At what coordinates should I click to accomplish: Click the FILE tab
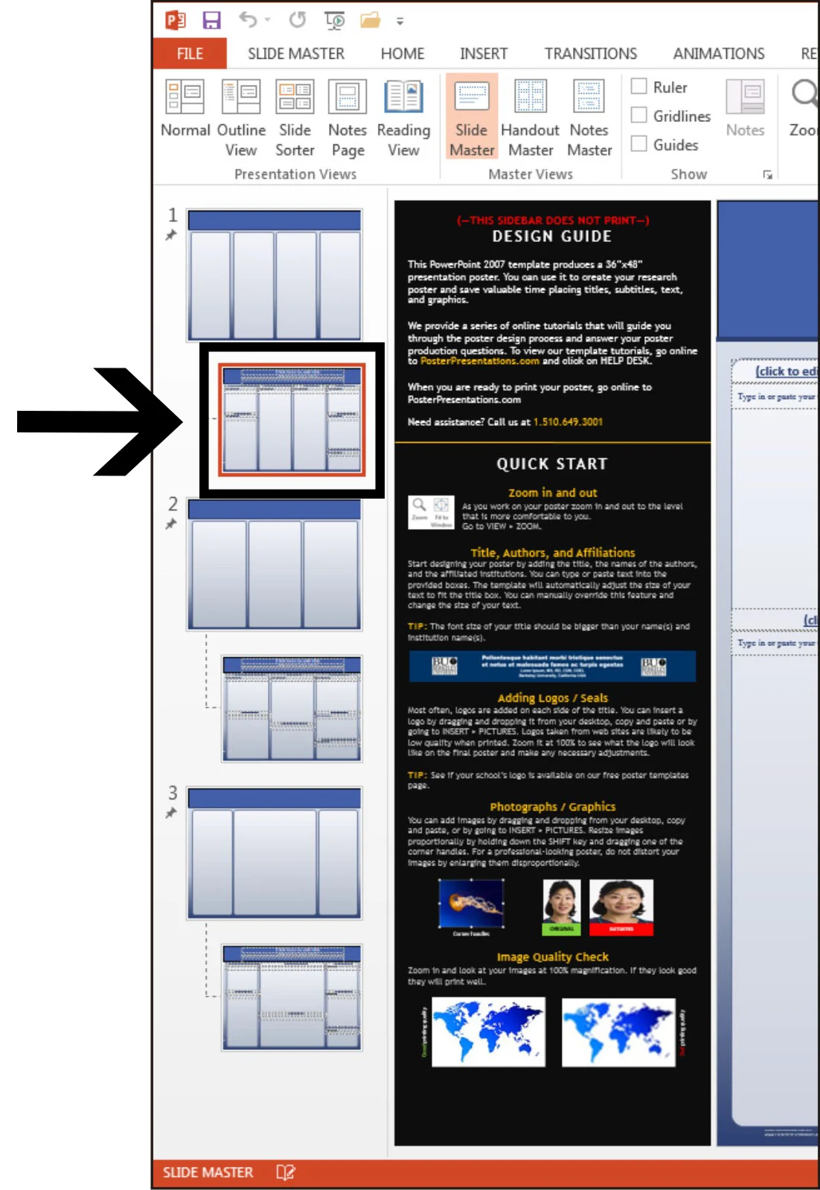(190, 54)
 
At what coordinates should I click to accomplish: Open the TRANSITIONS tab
(590, 54)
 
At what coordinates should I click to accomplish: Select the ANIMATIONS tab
(718, 54)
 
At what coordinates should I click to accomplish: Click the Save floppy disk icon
(212, 20)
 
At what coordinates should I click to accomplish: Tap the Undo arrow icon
(248, 20)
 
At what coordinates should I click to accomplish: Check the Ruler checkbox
(639, 86)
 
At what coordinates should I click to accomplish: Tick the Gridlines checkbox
(639, 115)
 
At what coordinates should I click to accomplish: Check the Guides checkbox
(639, 144)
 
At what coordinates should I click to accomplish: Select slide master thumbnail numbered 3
(275, 853)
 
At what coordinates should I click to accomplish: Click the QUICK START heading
(551, 464)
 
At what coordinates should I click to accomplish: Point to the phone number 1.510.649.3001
(568, 422)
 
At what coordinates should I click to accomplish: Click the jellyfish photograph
(471, 903)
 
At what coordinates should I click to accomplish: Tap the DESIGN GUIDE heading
(551, 237)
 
